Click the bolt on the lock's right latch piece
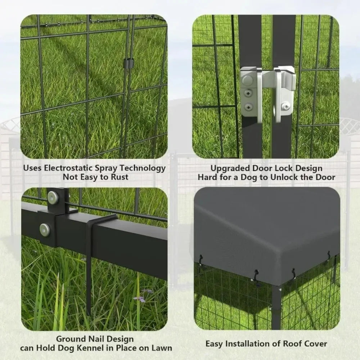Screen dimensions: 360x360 [x=285, y=106]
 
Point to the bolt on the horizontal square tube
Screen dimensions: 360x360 [x=45, y=230]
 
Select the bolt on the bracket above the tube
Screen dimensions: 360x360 [x=53, y=197]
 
